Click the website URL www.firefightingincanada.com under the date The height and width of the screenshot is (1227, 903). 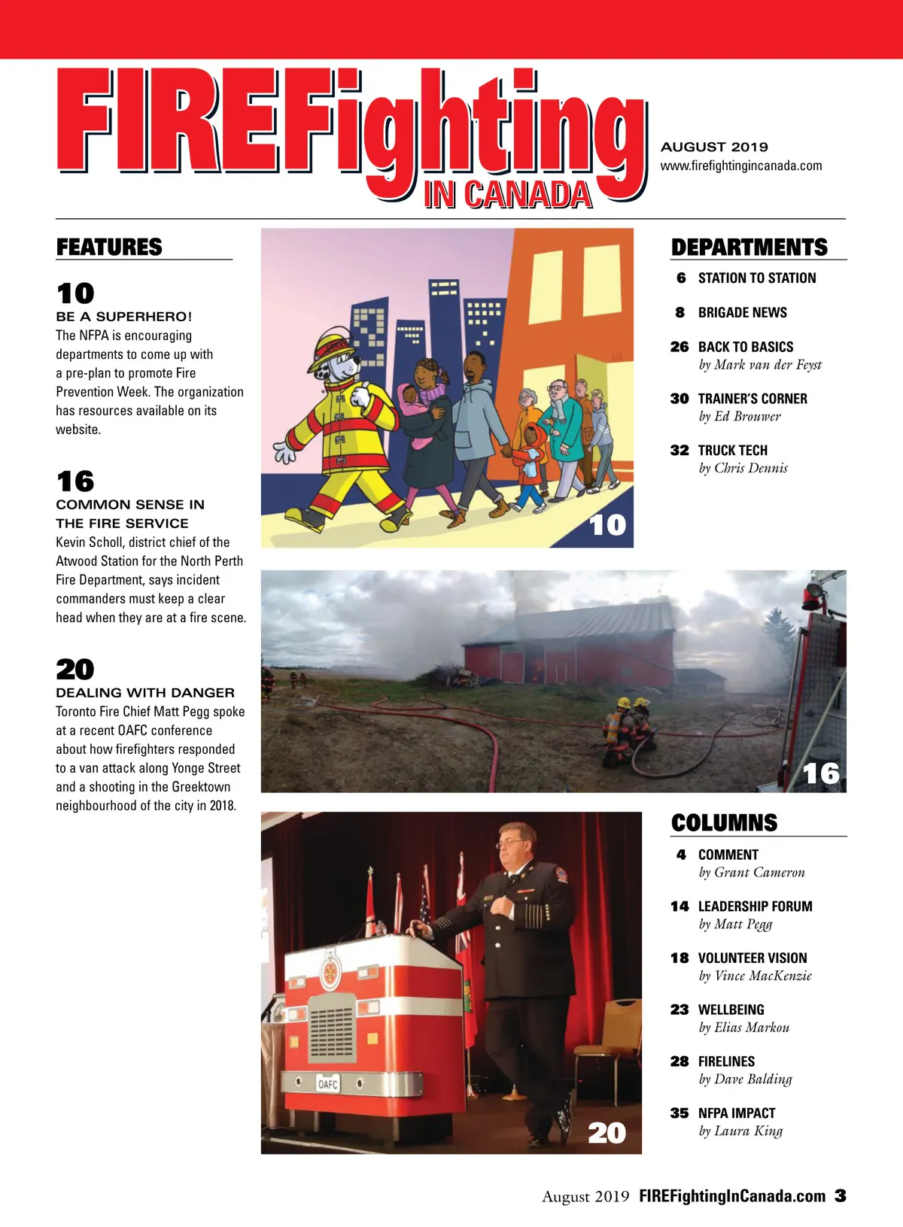(x=741, y=166)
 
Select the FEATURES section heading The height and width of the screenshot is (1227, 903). (x=109, y=247)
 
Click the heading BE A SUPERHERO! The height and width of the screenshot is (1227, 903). (x=124, y=317)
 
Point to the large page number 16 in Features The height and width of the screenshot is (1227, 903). (x=75, y=481)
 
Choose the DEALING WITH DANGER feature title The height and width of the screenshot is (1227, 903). (x=145, y=693)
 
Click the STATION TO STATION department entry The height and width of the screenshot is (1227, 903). (x=756, y=278)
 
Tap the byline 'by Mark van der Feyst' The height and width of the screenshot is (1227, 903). (x=760, y=365)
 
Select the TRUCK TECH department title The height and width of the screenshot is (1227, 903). (x=732, y=451)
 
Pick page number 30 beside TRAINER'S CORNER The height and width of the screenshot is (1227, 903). (x=680, y=399)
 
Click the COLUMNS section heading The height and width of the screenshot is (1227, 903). (x=724, y=822)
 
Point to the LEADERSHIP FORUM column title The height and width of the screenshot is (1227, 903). (x=755, y=907)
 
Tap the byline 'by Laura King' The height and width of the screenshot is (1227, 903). (x=740, y=1131)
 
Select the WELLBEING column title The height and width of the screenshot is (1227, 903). (x=731, y=1010)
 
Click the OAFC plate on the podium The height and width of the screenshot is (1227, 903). (x=328, y=1084)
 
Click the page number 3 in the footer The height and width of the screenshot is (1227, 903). (x=840, y=1195)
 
